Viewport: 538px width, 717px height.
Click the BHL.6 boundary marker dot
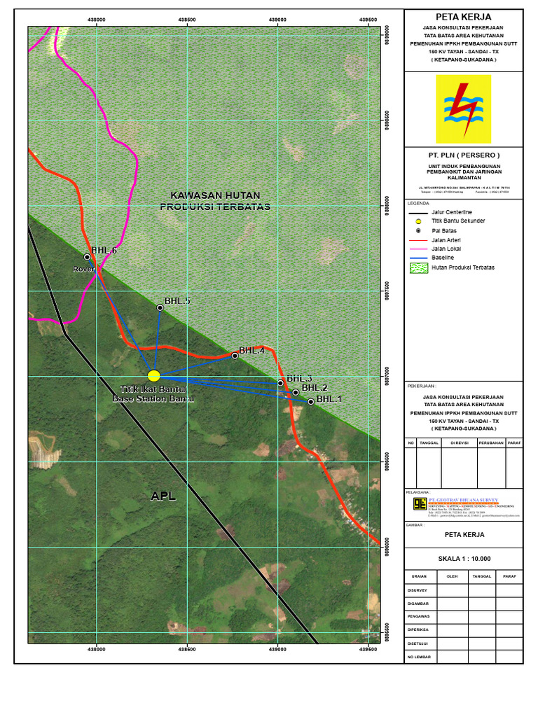88,257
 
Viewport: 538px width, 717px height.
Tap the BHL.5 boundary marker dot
160,307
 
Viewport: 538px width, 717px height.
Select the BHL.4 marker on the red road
235,356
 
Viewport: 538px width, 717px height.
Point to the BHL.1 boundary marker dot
311,401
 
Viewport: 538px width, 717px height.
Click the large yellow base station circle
154,376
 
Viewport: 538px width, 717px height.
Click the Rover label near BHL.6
83,269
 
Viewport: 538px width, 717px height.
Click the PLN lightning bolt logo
463,109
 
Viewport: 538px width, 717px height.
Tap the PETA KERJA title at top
463,17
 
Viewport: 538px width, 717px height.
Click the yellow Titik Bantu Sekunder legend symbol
419,221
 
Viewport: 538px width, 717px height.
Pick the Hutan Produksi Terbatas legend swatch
419,267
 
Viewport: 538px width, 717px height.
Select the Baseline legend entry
443,258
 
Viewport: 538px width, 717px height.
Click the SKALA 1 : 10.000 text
464,559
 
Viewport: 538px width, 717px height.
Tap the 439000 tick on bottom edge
277,649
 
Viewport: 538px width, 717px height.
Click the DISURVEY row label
418,590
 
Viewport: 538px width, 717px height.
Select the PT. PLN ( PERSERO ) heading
464,154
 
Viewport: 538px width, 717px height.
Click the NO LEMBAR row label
419,657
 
